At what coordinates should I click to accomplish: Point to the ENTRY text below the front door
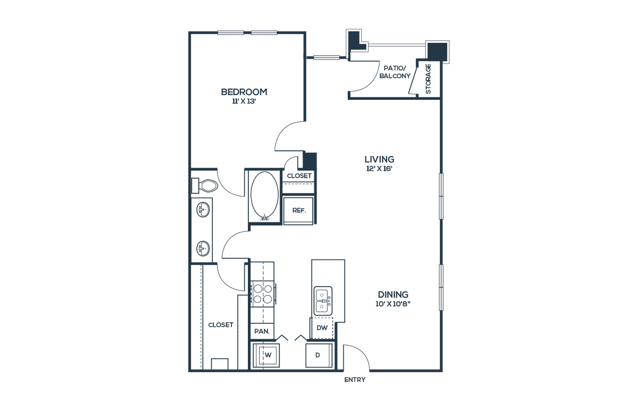pos(355,381)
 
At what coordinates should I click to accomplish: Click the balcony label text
pos(395,72)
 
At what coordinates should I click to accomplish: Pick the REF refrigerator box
pos(298,210)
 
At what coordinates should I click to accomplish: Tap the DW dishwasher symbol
pos(322,327)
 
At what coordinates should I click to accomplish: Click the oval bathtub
pos(264,196)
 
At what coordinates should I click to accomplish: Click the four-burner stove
pos(263,294)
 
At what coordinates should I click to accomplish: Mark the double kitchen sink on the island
pos(322,301)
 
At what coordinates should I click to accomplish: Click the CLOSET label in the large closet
pos(221,325)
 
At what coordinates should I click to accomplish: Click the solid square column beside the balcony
pos(439,51)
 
